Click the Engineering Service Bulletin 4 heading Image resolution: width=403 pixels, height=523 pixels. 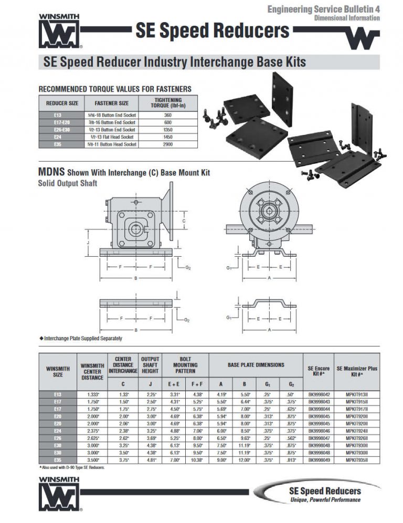tap(323, 9)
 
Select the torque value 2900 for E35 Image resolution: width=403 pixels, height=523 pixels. tap(168, 144)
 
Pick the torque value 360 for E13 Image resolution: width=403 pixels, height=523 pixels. tap(168, 115)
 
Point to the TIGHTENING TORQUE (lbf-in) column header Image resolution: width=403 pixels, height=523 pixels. tap(168, 102)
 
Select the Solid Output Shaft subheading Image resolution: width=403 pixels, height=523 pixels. tap(68, 183)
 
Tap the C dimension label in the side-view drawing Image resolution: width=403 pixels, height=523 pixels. tap(183, 221)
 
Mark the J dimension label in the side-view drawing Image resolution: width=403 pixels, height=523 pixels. tap(88, 243)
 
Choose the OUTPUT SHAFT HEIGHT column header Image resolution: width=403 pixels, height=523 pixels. tap(150, 365)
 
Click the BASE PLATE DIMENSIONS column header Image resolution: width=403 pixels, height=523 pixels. tap(256, 364)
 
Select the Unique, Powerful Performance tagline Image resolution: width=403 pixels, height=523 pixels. tap(325, 500)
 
